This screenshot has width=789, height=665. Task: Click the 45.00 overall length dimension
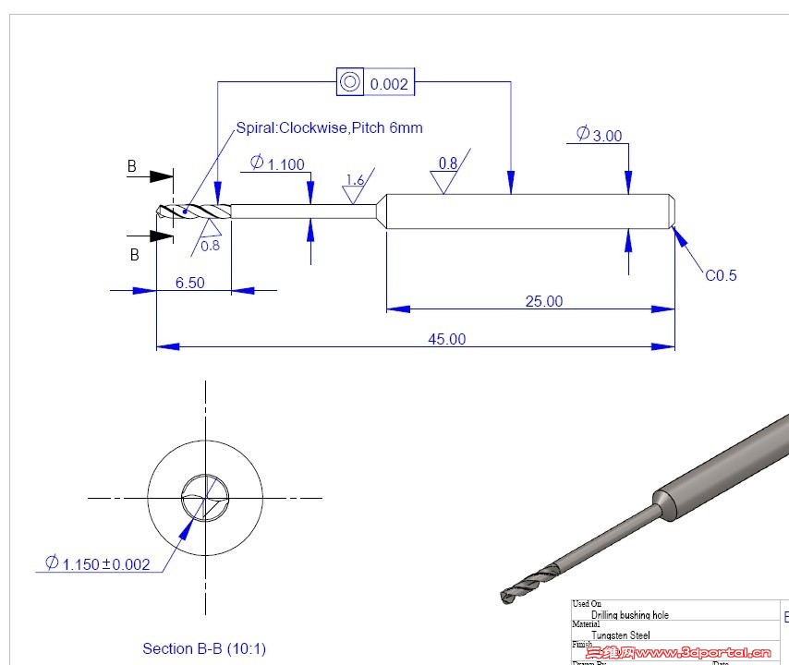click(446, 339)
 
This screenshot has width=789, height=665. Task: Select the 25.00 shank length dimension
click(543, 301)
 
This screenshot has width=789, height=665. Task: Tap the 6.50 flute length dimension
click(190, 283)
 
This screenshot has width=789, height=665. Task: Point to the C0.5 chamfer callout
click(721, 275)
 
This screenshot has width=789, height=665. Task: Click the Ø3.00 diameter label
click(599, 135)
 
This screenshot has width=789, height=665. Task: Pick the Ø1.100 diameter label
click(277, 163)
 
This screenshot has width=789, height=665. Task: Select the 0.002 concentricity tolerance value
click(389, 84)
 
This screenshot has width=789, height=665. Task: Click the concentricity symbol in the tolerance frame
click(349, 82)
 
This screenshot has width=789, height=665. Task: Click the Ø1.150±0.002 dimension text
click(98, 563)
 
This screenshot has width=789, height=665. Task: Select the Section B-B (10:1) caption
click(204, 648)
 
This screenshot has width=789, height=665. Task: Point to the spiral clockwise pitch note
click(330, 128)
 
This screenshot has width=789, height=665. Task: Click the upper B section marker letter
click(132, 167)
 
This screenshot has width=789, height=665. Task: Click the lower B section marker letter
click(134, 254)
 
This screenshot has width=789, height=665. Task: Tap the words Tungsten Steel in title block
click(621, 635)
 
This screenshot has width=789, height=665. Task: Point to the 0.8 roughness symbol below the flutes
click(210, 237)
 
